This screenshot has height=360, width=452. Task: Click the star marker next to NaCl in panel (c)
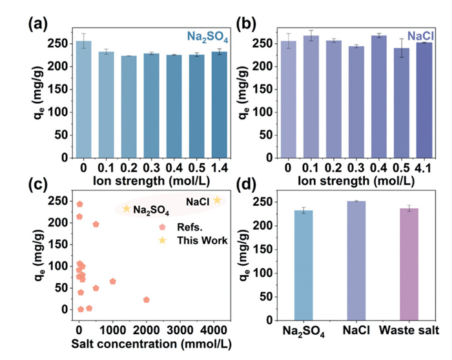(218, 200)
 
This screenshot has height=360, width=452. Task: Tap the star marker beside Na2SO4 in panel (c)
(127, 208)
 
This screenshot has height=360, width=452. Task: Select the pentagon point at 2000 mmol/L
(146, 299)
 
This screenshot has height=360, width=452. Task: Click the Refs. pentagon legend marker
(163, 226)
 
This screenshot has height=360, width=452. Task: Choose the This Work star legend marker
(163, 240)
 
